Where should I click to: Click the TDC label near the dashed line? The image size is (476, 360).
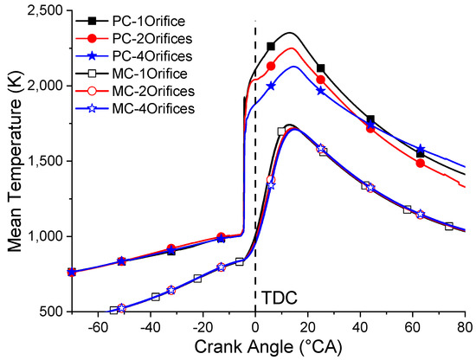[x=277, y=299]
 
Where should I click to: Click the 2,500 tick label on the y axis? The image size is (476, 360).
[x=36, y=11]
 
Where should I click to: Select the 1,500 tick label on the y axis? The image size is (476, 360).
[x=36, y=161]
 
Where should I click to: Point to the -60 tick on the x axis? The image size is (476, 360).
[x=98, y=327]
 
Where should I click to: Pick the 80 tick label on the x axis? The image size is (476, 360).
[x=465, y=327]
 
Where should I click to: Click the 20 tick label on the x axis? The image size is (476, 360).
[x=307, y=327]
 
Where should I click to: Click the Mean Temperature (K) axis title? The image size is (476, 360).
[x=13, y=160]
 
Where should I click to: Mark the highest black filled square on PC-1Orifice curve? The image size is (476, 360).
[x=271, y=47]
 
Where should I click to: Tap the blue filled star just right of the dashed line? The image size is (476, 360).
[x=271, y=86]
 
